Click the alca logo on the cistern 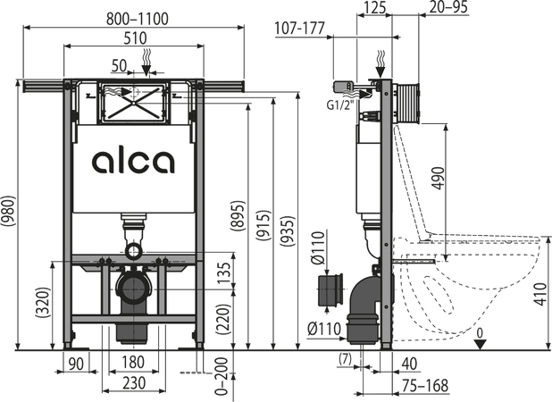tap(133, 162)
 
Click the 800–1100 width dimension tap(138, 19)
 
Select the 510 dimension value tap(136, 38)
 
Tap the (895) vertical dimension tap(238, 215)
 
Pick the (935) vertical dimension tap(288, 230)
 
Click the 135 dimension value tap(224, 273)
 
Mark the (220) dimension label tap(223, 319)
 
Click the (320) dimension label tap(44, 303)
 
